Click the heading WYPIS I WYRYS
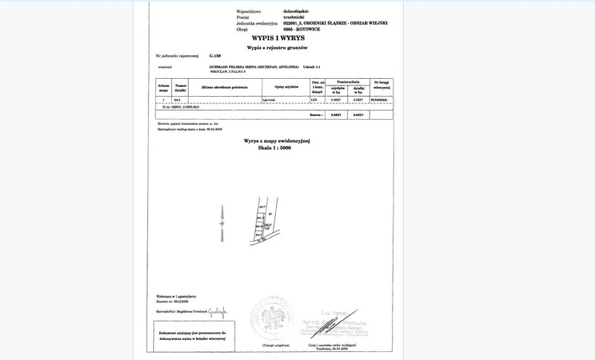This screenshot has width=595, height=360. (x=274, y=36)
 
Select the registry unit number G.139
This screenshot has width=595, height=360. (x=216, y=56)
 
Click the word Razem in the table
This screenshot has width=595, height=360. (x=316, y=117)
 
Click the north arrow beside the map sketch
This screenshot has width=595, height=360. (x=221, y=223)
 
